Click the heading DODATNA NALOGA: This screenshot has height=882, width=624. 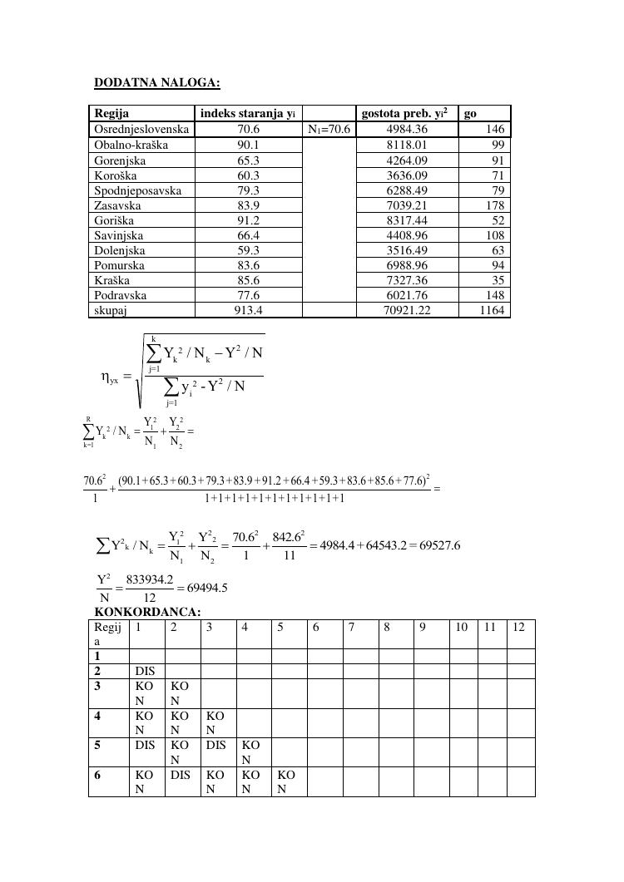[x=156, y=82]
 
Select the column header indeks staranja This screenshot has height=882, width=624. [x=248, y=114]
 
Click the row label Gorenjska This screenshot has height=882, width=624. [x=120, y=160]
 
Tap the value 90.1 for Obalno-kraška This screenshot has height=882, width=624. [x=248, y=145]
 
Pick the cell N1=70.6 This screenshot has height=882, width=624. [x=329, y=130]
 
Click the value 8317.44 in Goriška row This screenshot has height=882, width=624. [x=407, y=220]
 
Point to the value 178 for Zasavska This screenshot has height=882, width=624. [x=495, y=205]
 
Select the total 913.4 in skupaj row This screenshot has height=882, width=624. [x=248, y=310]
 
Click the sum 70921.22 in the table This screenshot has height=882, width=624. [x=407, y=310]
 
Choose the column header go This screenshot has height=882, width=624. [x=470, y=114]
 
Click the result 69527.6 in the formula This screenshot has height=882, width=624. [x=433, y=545]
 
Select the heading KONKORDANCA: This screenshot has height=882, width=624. [x=147, y=612]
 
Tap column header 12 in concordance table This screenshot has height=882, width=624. [x=519, y=627]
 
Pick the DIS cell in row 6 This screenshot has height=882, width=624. [x=180, y=775]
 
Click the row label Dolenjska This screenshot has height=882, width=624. [x=120, y=250]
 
